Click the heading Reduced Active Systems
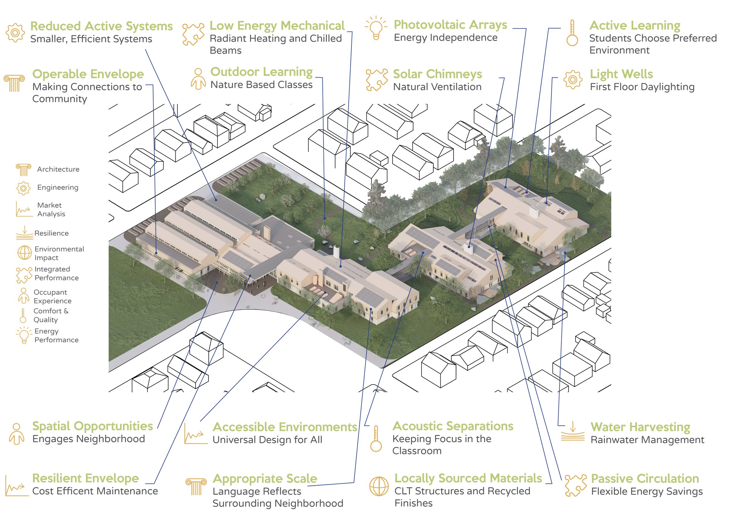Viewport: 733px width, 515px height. [x=101, y=26]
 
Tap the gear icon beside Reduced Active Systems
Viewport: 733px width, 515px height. [x=15, y=33]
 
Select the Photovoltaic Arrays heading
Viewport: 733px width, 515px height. [x=450, y=25]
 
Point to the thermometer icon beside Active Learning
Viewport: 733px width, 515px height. [x=572, y=33]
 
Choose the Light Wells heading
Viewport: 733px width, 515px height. [x=621, y=74]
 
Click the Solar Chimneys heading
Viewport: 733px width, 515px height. [x=437, y=74]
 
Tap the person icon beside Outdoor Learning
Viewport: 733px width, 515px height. [x=198, y=79]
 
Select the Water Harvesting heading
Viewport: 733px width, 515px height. [x=640, y=427]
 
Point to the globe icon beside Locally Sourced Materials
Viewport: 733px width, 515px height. [x=379, y=486]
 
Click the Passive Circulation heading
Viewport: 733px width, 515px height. [x=645, y=479]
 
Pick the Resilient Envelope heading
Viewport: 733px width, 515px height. [x=86, y=478]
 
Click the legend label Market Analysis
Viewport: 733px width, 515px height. [x=51, y=209]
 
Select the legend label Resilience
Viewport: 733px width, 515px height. [x=51, y=233]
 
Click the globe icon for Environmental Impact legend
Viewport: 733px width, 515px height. [x=24, y=253]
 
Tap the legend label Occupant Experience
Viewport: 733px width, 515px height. [x=52, y=297]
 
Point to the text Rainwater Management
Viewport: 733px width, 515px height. [x=647, y=440]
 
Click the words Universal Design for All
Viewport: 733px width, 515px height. [x=267, y=440]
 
